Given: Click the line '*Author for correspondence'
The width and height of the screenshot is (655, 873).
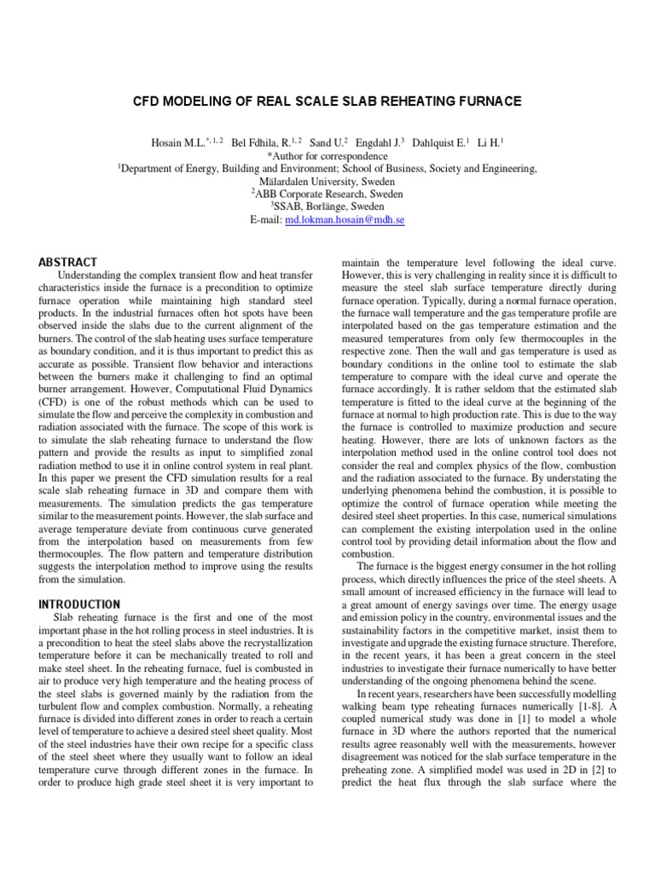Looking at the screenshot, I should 327,157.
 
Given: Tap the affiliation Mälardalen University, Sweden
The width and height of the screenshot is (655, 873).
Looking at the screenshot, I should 327,182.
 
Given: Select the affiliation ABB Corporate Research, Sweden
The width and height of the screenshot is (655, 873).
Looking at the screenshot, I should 328,194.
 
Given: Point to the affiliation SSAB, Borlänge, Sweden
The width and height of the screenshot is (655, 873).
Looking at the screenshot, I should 328,206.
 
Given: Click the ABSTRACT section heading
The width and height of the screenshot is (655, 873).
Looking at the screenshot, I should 69,262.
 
